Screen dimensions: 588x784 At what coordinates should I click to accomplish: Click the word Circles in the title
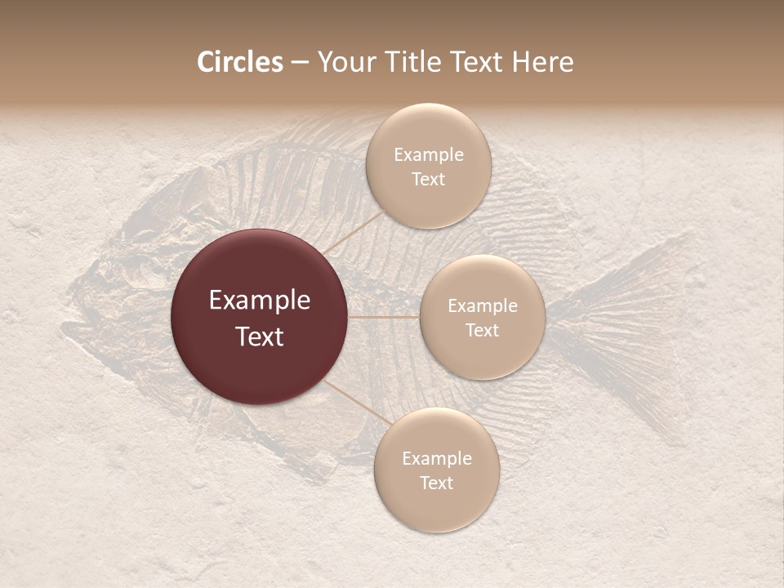coord(239,62)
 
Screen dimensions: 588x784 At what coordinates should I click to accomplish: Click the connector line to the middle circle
coord(384,317)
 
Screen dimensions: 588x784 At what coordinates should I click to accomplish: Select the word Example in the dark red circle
coord(259,301)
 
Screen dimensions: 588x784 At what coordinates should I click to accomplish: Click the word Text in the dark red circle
coord(259,336)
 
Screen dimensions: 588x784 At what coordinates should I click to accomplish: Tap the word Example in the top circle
coord(428,155)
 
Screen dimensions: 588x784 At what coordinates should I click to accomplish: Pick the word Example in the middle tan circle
coord(482,306)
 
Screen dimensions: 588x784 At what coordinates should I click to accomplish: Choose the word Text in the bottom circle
coord(436,483)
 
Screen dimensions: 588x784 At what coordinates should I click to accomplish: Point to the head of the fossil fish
coord(122,302)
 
